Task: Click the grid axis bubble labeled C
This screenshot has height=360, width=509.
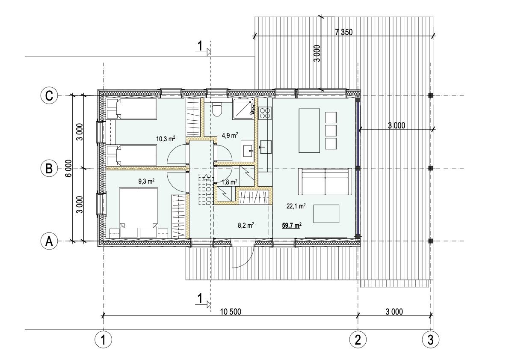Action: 49,95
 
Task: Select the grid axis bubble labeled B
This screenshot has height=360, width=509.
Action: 49,168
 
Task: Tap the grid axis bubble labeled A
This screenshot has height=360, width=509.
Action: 49,241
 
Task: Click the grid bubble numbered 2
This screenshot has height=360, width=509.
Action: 358,340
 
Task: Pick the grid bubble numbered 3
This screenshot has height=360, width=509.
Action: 430,340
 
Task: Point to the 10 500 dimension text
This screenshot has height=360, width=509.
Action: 231,312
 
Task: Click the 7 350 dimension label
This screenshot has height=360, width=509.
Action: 343,32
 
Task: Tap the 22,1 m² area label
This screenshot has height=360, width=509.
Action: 296,205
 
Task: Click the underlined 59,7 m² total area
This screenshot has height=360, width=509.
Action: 292,225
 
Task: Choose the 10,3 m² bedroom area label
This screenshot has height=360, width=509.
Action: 166,139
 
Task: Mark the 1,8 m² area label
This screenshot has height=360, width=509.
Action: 230,182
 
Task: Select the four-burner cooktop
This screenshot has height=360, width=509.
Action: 265,112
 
